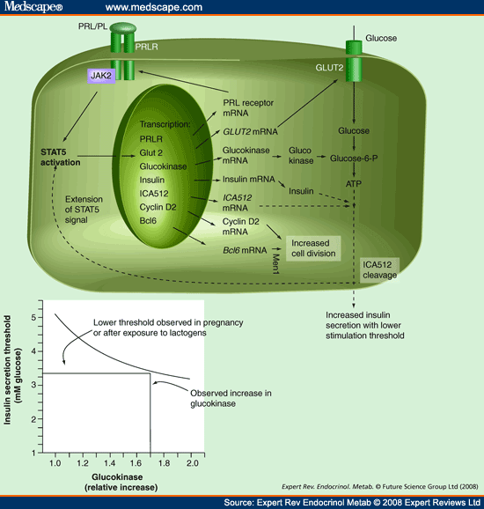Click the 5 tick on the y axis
tap(33, 316)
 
